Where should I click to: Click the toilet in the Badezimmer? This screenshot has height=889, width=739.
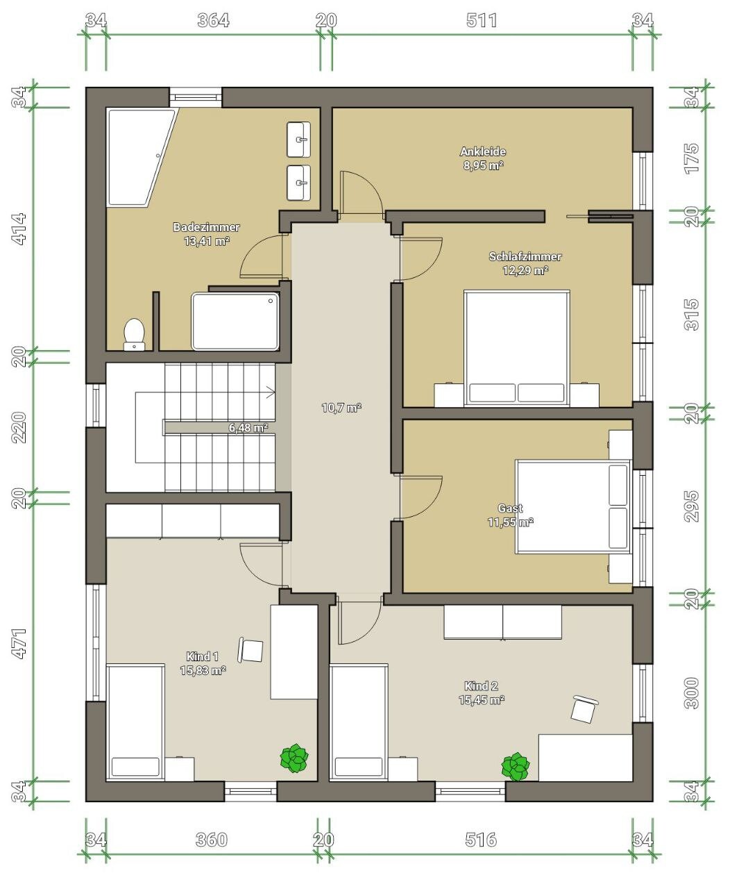(134, 334)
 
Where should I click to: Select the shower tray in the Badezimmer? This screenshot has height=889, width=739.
(235, 322)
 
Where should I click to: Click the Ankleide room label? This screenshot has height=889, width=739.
(483, 151)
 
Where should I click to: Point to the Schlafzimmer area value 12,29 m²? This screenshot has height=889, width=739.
(525, 270)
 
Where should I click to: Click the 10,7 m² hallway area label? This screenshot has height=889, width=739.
(341, 408)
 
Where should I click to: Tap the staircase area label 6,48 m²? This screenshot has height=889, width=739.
(248, 427)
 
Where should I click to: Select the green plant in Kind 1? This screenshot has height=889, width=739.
(294, 758)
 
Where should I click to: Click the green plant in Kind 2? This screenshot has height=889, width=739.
(516, 767)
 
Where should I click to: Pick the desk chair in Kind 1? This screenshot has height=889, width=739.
(250, 649)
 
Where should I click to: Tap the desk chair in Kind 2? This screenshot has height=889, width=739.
(584, 709)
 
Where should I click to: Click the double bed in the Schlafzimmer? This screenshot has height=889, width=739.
(516, 348)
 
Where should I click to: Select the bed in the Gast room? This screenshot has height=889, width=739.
(573, 506)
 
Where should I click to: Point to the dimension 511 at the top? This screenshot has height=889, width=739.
(482, 20)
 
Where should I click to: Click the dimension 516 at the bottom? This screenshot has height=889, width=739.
(481, 840)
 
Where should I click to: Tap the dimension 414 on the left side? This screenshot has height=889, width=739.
(19, 229)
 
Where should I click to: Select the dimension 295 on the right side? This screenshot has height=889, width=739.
(691, 506)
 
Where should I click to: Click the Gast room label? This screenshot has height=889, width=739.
(510, 508)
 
